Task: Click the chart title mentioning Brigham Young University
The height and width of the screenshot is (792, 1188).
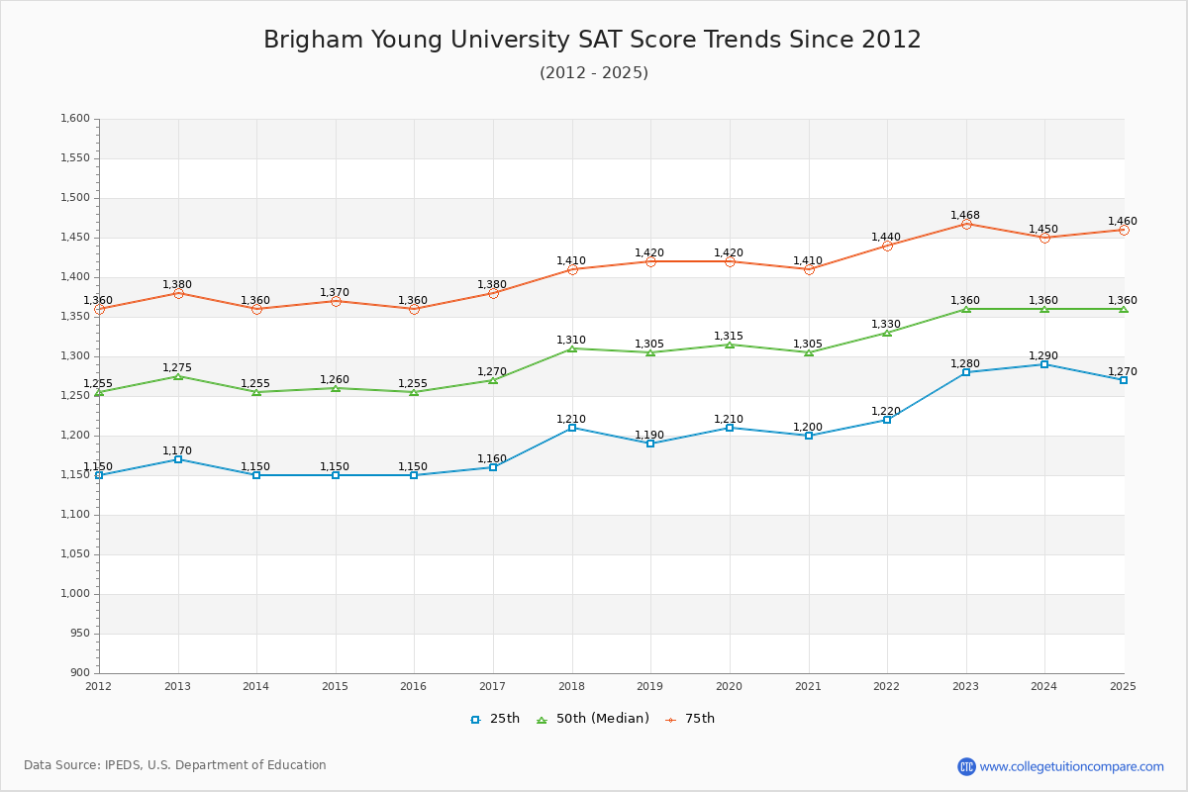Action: pyautogui.click(x=592, y=40)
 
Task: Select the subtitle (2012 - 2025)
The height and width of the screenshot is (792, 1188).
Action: pyautogui.click(x=593, y=73)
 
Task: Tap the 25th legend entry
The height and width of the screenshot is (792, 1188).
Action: pyautogui.click(x=495, y=719)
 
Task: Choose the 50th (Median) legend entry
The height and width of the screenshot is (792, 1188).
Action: pyautogui.click(x=592, y=719)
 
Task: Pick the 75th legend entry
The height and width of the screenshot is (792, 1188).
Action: pyautogui.click(x=690, y=719)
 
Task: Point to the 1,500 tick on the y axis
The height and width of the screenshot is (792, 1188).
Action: pyautogui.click(x=75, y=198)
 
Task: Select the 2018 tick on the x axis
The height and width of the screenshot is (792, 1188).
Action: pyautogui.click(x=571, y=685)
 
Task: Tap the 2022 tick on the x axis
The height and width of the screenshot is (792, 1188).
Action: pyautogui.click(x=887, y=685)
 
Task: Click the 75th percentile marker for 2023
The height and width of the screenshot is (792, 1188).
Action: pyautogui.click(x=966, y=224)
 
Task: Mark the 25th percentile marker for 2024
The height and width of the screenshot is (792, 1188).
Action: pyautogui.click(x=1044, y=364)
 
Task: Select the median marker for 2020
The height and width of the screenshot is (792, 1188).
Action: pyautogui.click(x=730, y=345)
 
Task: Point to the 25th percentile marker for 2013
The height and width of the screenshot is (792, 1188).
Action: pyautogui.click(x=178, y=459)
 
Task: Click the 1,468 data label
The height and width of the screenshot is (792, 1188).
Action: pyautogui.click(x=965, y=215)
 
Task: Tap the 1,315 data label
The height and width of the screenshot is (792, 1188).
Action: pyautogui.click(x=729, y=336)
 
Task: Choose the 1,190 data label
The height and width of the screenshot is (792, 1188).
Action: pyautogui.click(x=649, y=435)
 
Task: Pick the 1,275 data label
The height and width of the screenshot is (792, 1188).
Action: pyautogui.click(x=177, y=367)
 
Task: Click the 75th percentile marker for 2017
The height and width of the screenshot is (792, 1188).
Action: pyautogui.click(x=493, y=293)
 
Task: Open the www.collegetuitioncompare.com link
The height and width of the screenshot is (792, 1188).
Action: pyautogui.click(x=1071, y=766)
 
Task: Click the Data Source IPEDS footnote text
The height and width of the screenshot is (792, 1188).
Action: pyautogui.click(x=175, y=765)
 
